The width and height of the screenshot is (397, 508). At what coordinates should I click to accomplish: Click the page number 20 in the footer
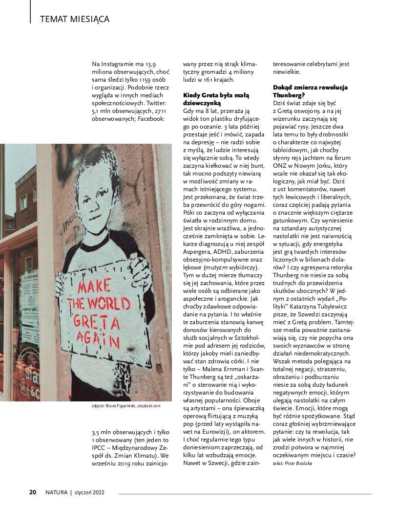[33, 492]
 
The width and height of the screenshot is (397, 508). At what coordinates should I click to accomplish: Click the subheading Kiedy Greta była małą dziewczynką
[216, 99]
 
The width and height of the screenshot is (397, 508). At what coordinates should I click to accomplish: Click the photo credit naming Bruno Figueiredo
[125, 406]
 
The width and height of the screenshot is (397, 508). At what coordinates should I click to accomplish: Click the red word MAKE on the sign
[94, 286]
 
